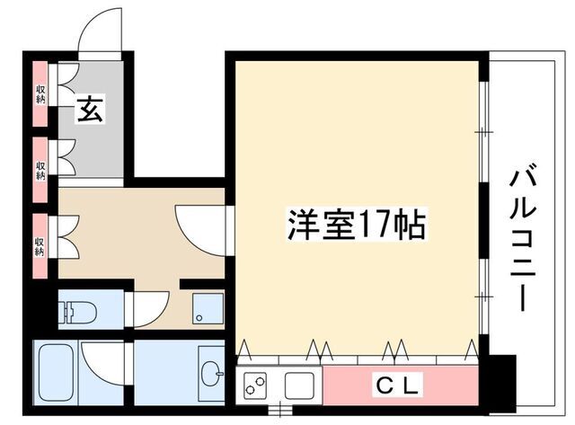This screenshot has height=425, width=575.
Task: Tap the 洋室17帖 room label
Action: (x=357, y=225)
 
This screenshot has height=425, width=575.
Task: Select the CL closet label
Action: (x=396, y=386)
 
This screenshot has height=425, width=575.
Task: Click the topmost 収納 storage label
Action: (x=40, y=93)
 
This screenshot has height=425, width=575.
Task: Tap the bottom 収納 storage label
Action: (x=40, y=245)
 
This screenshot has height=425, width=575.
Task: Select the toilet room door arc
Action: (x=149, y=308)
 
